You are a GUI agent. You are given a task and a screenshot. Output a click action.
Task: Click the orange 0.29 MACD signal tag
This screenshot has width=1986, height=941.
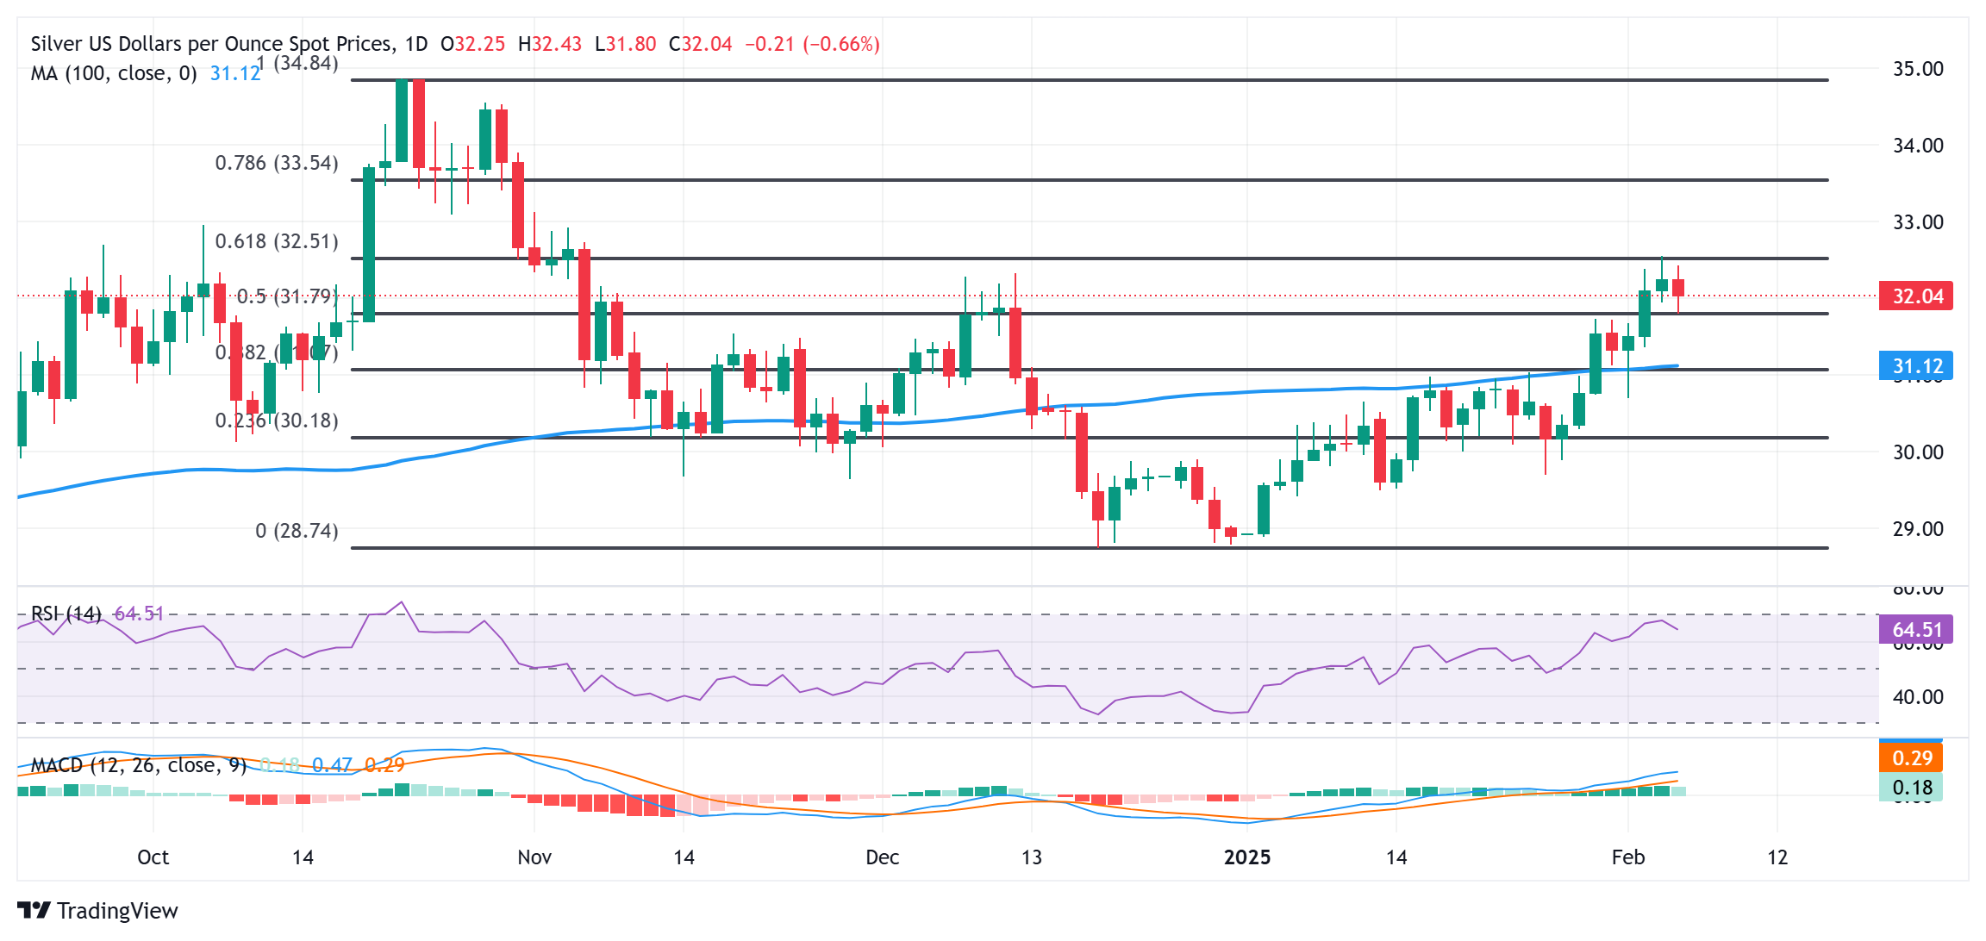coord(1911,758)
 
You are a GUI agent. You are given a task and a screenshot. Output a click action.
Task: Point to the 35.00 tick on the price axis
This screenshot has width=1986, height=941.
coord(1917,69)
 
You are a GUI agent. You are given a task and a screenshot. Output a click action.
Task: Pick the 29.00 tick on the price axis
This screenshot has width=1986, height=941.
coord(1917,529)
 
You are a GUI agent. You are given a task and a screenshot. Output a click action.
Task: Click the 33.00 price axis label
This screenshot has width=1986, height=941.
coord(1917,222)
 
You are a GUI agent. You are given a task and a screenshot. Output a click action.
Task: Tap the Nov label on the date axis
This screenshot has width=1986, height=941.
coord(534,857)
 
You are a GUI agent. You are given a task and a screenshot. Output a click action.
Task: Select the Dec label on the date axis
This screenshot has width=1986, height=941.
coord(883,857)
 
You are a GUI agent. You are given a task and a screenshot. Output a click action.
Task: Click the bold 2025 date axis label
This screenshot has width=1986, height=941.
coord(1247,857)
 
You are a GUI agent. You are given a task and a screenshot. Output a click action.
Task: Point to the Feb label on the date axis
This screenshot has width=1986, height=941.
coord(1628,857)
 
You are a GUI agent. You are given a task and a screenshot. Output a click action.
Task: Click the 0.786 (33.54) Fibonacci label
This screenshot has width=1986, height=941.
coord(277,163)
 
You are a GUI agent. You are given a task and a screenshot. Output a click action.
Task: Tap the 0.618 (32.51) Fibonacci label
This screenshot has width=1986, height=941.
coord(277,241)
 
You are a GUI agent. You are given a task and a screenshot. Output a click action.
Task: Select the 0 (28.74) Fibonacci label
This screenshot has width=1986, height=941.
coord(297,531)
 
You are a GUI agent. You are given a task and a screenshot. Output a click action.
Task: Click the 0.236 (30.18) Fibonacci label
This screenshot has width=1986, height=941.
coord(277,421)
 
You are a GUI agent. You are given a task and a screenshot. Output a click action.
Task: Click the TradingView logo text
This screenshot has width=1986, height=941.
coord(117,911)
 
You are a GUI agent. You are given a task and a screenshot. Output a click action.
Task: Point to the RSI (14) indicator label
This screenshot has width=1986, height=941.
coord(66,614)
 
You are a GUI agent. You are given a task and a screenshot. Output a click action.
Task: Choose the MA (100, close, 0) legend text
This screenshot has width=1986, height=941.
coord(114,73)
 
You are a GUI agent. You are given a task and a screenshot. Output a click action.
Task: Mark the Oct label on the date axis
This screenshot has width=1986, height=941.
coord(153,857)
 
